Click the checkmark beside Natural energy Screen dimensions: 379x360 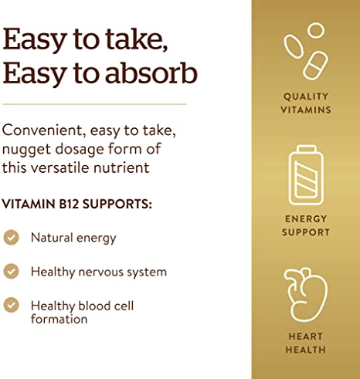point(12,238)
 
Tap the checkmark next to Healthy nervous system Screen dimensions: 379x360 point(12,272)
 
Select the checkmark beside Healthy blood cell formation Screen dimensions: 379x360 point(12,306)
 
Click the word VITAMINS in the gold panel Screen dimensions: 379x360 point(306,110)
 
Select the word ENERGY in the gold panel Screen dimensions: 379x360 point(306,218)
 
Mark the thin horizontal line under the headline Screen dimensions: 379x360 point(94,103)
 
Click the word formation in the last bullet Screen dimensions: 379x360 point(59,318)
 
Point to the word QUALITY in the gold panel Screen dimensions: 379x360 point(306,96)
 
